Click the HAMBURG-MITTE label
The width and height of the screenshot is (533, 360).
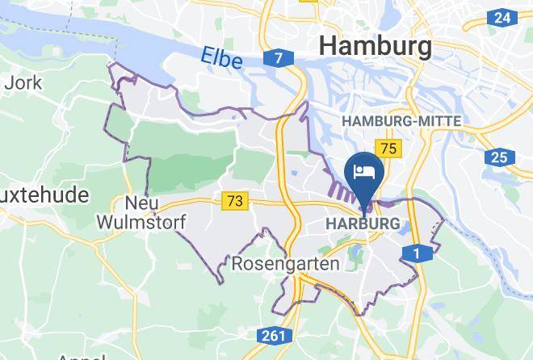click(402, 121)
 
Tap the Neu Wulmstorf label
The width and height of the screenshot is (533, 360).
click(141, 211)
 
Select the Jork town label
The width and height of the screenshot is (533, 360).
click(18, 82)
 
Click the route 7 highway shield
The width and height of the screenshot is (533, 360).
click(277, 59)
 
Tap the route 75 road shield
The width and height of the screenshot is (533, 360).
click(389, 148)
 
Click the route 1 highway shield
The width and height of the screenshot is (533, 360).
click(417, 254)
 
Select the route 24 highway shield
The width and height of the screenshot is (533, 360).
click(502, 18)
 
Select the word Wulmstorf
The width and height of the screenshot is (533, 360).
click(141, 220)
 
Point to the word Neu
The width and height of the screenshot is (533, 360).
click(141, 202)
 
